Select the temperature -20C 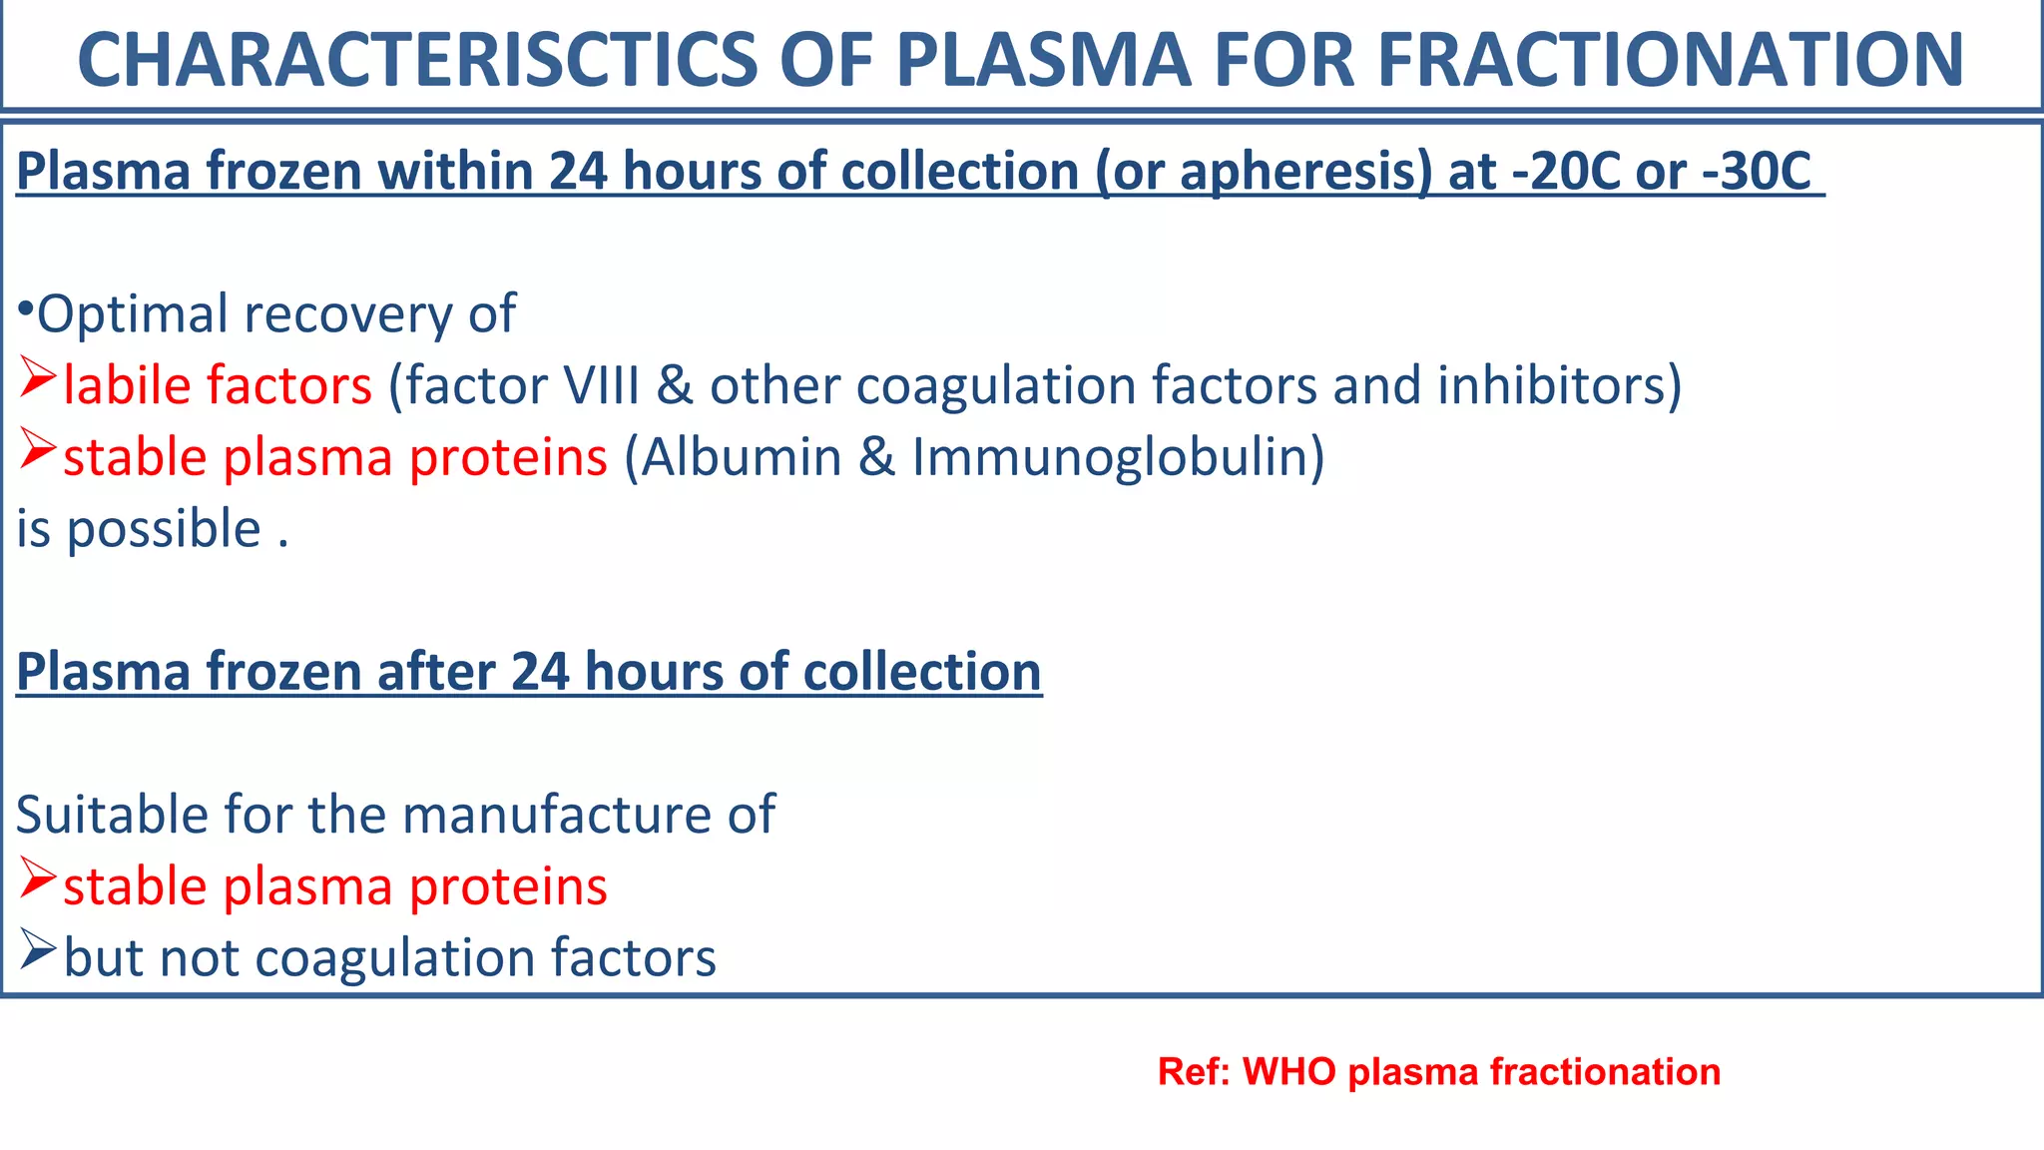(1566, 171)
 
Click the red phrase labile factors (218, 385)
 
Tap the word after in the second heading (436, 672)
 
